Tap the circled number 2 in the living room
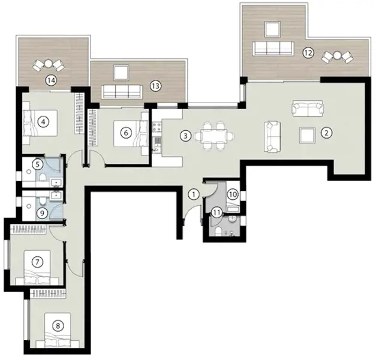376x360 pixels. pos(326,133)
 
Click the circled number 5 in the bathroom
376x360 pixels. pos(37,163)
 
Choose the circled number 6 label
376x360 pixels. pos(125,133)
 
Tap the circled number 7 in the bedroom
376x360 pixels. pos(37,262)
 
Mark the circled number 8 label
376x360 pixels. pos(58,326)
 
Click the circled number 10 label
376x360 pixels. pos(233,194)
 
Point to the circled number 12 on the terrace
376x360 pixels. pos(308,52)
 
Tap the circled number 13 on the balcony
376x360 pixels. pos(155,86)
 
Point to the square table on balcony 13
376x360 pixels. pos(120,73)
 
